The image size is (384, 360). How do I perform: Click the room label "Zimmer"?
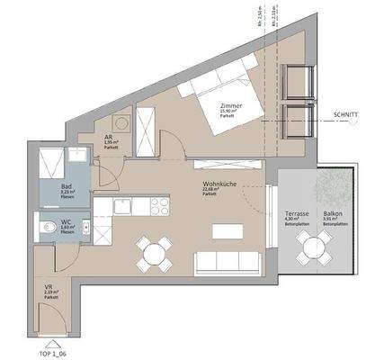(231, 106)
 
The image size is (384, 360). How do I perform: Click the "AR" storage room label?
(108, 138)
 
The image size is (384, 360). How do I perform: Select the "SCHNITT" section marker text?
(345, 114)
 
